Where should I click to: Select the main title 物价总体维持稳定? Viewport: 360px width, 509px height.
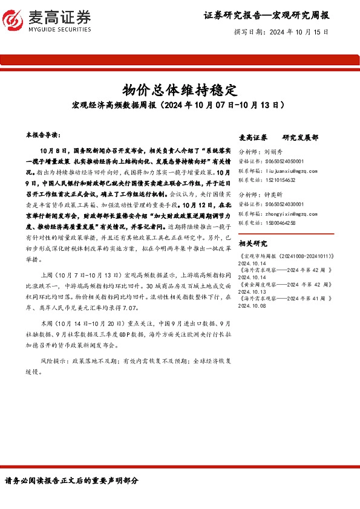[180, 91]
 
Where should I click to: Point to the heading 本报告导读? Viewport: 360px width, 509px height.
[42, 135]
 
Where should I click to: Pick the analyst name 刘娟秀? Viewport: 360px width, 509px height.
[274, 152]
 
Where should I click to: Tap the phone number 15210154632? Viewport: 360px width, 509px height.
[281, 180]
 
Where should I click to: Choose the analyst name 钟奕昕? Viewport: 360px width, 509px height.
[274, 195]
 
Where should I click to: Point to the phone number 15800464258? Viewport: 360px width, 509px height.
[281, 222]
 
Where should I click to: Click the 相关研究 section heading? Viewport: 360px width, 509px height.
[254, 244]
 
